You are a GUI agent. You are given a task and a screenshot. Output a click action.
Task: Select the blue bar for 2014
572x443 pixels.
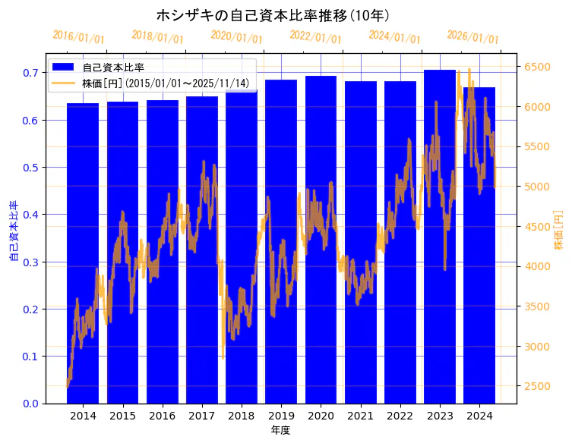tap(83, 258)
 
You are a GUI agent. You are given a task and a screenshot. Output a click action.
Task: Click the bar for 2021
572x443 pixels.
tap(360, 243)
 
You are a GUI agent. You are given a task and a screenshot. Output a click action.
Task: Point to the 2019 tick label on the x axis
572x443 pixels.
tap(281, 416)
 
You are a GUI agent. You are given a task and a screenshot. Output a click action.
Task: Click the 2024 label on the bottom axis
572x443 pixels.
tap(479, 416)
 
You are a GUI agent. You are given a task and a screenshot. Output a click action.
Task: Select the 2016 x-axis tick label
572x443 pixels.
tap(162, 416)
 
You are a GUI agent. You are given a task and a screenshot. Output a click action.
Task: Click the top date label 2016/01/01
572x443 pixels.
tap(79, 37)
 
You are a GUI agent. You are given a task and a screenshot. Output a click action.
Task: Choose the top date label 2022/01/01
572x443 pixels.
tap(316, 37)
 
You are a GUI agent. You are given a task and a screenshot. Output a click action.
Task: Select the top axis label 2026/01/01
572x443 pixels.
tap(473, 37)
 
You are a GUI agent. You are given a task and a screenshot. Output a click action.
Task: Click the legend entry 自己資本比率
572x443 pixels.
tap(113, 68)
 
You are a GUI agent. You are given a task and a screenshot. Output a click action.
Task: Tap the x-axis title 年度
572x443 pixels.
tap(280, 430)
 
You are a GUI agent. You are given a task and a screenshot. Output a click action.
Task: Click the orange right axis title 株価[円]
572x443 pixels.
tap(558, 231)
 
